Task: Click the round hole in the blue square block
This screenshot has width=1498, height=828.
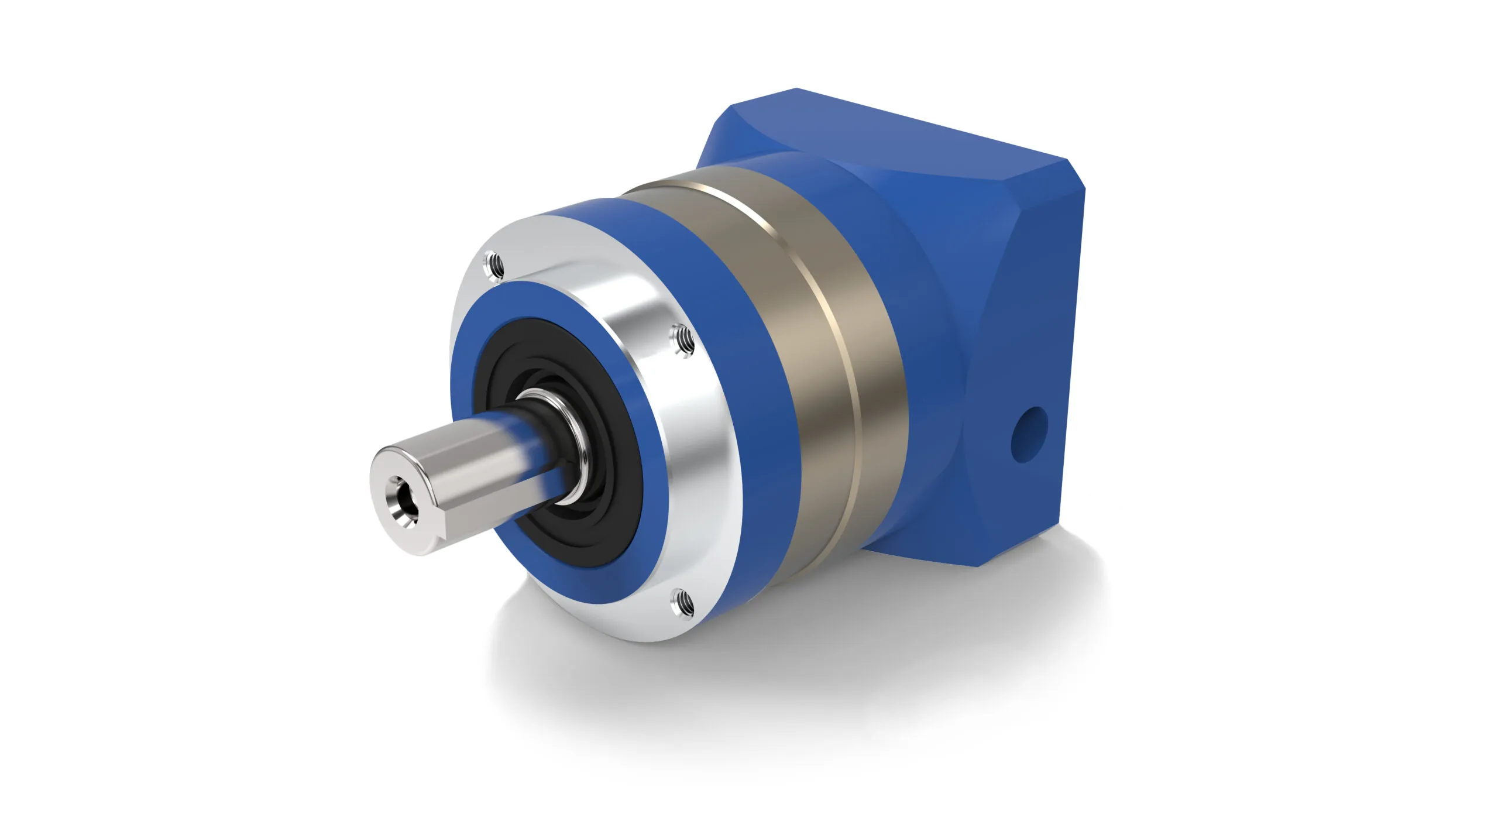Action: (x=1029, y=434)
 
